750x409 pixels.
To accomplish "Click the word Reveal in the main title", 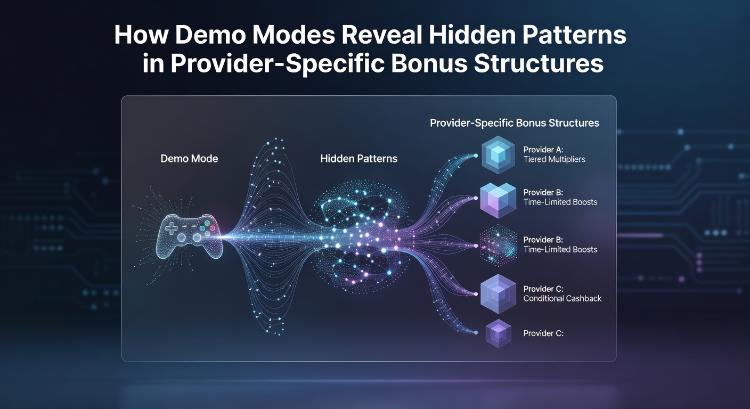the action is (382, 35).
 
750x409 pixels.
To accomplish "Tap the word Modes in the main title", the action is (294, 35).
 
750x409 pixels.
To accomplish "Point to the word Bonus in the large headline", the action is (429, 63).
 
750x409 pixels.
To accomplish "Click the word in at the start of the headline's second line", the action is (153, 63).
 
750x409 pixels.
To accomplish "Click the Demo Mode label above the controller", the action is (189, 158).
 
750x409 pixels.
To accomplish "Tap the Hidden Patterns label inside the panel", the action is (358, 158).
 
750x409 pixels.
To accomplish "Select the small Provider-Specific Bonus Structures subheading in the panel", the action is (514, 123).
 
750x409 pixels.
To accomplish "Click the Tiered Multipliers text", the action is (554, 159).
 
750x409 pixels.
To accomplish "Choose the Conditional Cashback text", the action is (562, 299).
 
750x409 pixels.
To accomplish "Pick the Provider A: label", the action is (543, 150).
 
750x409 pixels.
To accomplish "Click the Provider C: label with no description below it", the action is (543, 333).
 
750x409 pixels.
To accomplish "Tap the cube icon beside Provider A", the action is (498, 154).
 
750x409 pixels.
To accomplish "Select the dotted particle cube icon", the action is (498, 246).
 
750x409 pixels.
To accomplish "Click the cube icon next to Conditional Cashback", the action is (498, 294).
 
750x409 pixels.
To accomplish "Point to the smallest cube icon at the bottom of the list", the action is (498, 333).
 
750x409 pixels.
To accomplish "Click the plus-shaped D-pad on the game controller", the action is (172, 228).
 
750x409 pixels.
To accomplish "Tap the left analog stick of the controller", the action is (181, 238).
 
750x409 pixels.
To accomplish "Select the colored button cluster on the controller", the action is (207, 228).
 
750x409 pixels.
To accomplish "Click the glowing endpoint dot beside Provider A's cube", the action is (476, 156).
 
